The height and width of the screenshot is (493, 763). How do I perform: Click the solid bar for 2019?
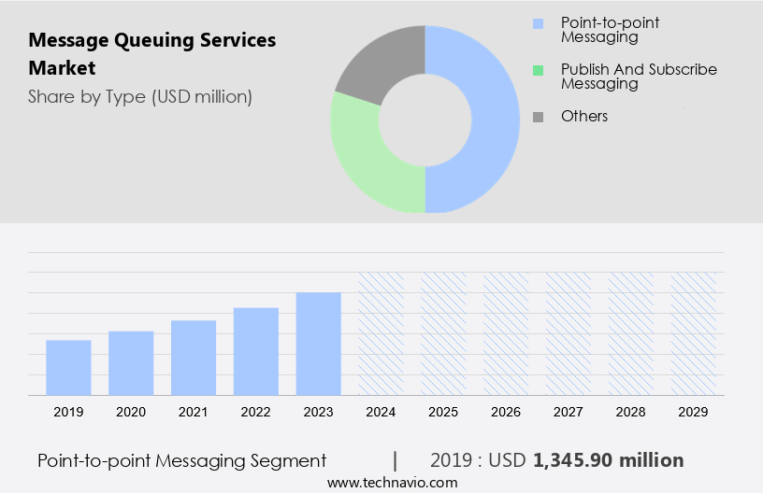pos(68,368)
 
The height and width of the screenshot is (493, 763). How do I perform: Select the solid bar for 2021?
pos(194,358)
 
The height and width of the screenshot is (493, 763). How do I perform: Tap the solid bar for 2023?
pos(319,344)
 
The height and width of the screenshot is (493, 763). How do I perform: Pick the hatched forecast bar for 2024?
pos(381,333)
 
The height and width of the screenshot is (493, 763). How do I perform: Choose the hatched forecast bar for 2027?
pos(569,333)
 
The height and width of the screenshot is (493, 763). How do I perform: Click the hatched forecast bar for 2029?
pos(694,333)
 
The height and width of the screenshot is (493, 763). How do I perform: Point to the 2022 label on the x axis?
pos(256,411)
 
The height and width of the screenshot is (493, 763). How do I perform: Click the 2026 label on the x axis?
pos(506,411)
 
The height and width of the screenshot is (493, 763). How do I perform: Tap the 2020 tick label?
pos(131,411)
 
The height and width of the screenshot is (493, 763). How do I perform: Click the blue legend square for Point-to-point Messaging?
pos(537,22)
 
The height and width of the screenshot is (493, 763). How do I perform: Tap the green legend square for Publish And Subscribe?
pos(537,70)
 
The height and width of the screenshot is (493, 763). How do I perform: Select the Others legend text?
pos(584,116)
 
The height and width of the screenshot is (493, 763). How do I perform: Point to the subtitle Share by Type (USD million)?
pos(140,96)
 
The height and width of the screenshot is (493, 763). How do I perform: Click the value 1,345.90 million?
pos(609,460)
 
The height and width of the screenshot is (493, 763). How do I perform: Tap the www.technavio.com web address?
pos(393,482)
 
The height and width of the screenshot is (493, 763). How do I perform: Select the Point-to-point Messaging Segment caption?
pos(182,460)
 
